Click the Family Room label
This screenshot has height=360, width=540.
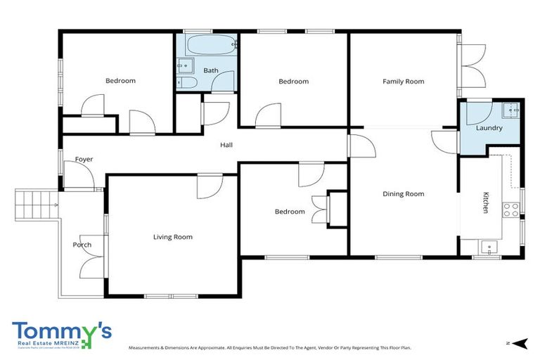[404, 82]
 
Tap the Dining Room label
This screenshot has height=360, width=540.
[404, 194]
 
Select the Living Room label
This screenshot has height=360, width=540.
[173, 237]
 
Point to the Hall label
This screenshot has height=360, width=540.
[226, 145]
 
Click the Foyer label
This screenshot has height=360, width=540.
[84, 160]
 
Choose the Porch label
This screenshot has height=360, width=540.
[82, 245]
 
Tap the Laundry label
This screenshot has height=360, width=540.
[489, 128]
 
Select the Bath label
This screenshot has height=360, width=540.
[211, 70]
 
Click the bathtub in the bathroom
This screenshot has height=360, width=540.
[212, 46]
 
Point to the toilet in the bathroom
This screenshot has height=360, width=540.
[188, 83]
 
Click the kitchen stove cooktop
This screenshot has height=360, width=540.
[510, 208]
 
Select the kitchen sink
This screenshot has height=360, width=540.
[488, 247]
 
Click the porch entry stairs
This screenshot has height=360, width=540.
[37, 204]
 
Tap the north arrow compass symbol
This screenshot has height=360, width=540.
[519, 342]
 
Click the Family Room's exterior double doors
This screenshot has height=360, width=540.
[472, 65]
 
